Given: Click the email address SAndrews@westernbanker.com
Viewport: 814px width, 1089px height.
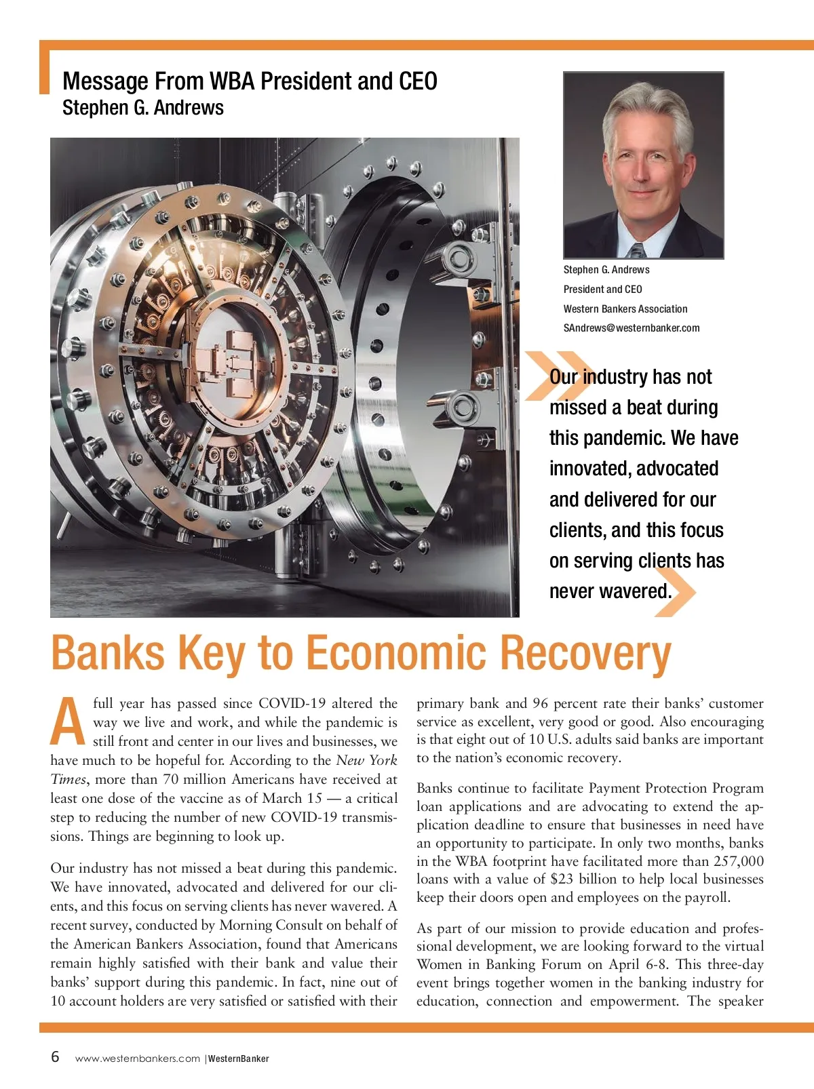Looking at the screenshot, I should (631, 328).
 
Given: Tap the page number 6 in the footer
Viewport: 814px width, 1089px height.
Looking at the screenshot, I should (55, 1057).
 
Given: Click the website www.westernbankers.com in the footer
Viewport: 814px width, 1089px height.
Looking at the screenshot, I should (138, 1058).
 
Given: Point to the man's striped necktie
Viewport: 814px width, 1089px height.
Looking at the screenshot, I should (637, 250).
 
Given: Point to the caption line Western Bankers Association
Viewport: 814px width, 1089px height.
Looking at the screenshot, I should (625, 309).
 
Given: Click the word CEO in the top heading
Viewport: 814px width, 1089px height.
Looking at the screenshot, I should (418, 81).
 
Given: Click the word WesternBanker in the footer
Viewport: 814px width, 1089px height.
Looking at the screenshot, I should (238, 1058).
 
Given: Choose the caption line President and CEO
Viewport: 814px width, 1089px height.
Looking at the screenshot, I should (602, 290).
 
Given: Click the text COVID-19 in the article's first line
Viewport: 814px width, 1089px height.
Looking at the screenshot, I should (292, 703).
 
